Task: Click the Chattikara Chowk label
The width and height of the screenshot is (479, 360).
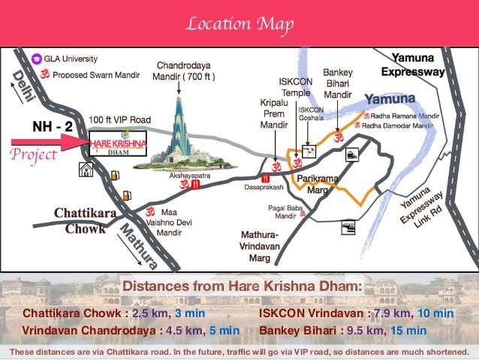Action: (84, 222)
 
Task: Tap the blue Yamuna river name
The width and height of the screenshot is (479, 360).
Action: (390, 99)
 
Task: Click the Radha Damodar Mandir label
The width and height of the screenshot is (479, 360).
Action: (399, 126)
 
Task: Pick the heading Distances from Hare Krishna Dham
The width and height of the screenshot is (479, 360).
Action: (242, 286)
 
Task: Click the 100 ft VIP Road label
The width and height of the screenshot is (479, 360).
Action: (119, 119)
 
